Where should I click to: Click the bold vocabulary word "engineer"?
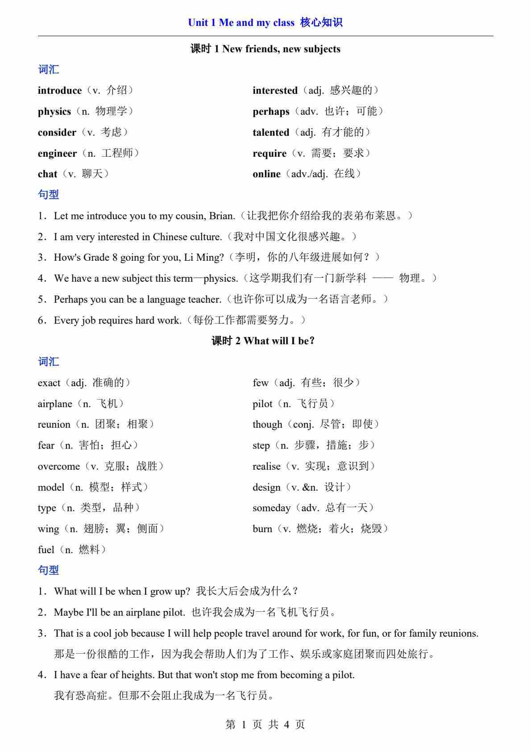click(x=57, y=154)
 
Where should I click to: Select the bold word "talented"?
click(x=271, y=133)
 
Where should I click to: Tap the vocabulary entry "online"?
click(x=266, y=174)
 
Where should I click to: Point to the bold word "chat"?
click(x=47, y=174)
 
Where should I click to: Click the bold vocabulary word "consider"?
click(x=57, y=133)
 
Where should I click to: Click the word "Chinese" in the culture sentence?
click(x=170, y=237)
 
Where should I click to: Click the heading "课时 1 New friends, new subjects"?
click(x=265, y=49)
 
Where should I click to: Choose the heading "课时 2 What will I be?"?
click(x=263, y=341)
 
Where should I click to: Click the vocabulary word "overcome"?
click(x=58, y=467)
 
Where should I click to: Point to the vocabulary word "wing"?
click(x=48, y=529)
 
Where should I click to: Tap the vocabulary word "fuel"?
click(x=46, y=550)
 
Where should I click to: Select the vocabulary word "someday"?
click(x=271, y=508)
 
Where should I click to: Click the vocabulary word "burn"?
click(x=262, y=529)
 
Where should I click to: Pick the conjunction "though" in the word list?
click(x=267, y=425)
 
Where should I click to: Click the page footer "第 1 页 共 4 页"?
click(x=265, y=725)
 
